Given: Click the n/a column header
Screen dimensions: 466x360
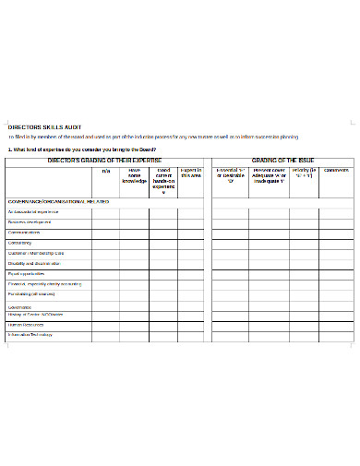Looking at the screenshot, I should click(105, 171).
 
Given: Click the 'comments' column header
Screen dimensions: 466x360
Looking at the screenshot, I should click(336, 171).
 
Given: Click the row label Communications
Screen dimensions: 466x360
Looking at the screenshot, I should click(27, 233).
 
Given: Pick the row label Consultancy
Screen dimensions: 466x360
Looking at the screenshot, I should click(21, 243).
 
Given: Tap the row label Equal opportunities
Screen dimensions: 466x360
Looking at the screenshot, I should click(28, 274).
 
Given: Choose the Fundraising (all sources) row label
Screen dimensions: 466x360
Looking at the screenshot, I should click(32, 294).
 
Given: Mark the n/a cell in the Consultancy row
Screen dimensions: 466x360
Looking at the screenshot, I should click(105, 243).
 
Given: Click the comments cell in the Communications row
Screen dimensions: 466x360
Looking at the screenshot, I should click(336, 233).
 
